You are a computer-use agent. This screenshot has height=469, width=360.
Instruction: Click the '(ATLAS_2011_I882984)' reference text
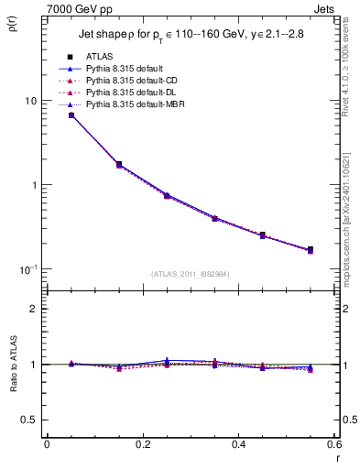(x=191, y=274)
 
